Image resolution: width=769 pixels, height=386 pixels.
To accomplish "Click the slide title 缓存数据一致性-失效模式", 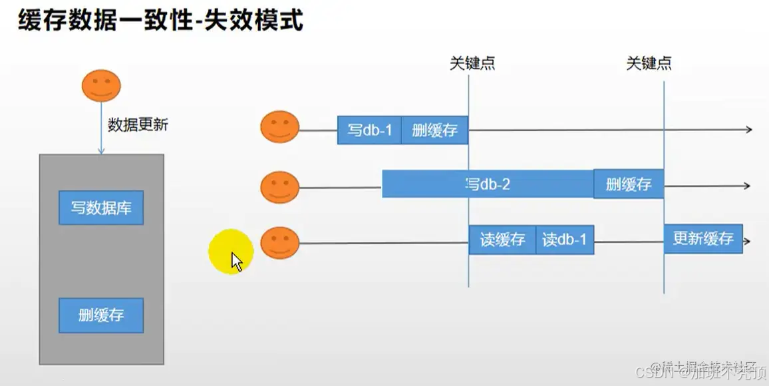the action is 160,21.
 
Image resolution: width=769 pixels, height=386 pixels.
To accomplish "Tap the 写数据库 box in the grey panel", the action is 101,208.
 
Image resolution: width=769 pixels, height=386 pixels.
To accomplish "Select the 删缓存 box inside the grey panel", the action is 101,315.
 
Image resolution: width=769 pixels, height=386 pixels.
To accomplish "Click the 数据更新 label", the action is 138,124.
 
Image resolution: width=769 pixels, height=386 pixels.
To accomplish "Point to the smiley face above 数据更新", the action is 101,85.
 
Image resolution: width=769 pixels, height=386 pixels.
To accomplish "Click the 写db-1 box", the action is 369,130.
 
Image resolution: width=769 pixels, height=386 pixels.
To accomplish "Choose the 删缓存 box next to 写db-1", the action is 434,130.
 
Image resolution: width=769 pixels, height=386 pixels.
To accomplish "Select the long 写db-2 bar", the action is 488,184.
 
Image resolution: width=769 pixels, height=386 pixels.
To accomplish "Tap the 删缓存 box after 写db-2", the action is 629,184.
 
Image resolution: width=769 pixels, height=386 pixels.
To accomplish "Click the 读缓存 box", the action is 502,240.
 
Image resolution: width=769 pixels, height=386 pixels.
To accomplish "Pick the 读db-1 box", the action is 565,240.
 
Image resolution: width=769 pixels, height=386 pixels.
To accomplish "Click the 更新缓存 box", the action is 702,239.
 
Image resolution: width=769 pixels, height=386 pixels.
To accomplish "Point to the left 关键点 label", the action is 472,63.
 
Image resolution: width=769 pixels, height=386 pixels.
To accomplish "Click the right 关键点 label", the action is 649,63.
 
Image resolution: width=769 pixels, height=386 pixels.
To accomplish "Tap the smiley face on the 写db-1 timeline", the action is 279,127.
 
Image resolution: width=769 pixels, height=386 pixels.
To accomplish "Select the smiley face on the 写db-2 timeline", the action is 279,188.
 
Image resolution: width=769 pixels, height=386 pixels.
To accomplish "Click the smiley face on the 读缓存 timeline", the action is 279,243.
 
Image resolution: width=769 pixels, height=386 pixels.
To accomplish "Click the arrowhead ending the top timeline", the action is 748,130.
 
